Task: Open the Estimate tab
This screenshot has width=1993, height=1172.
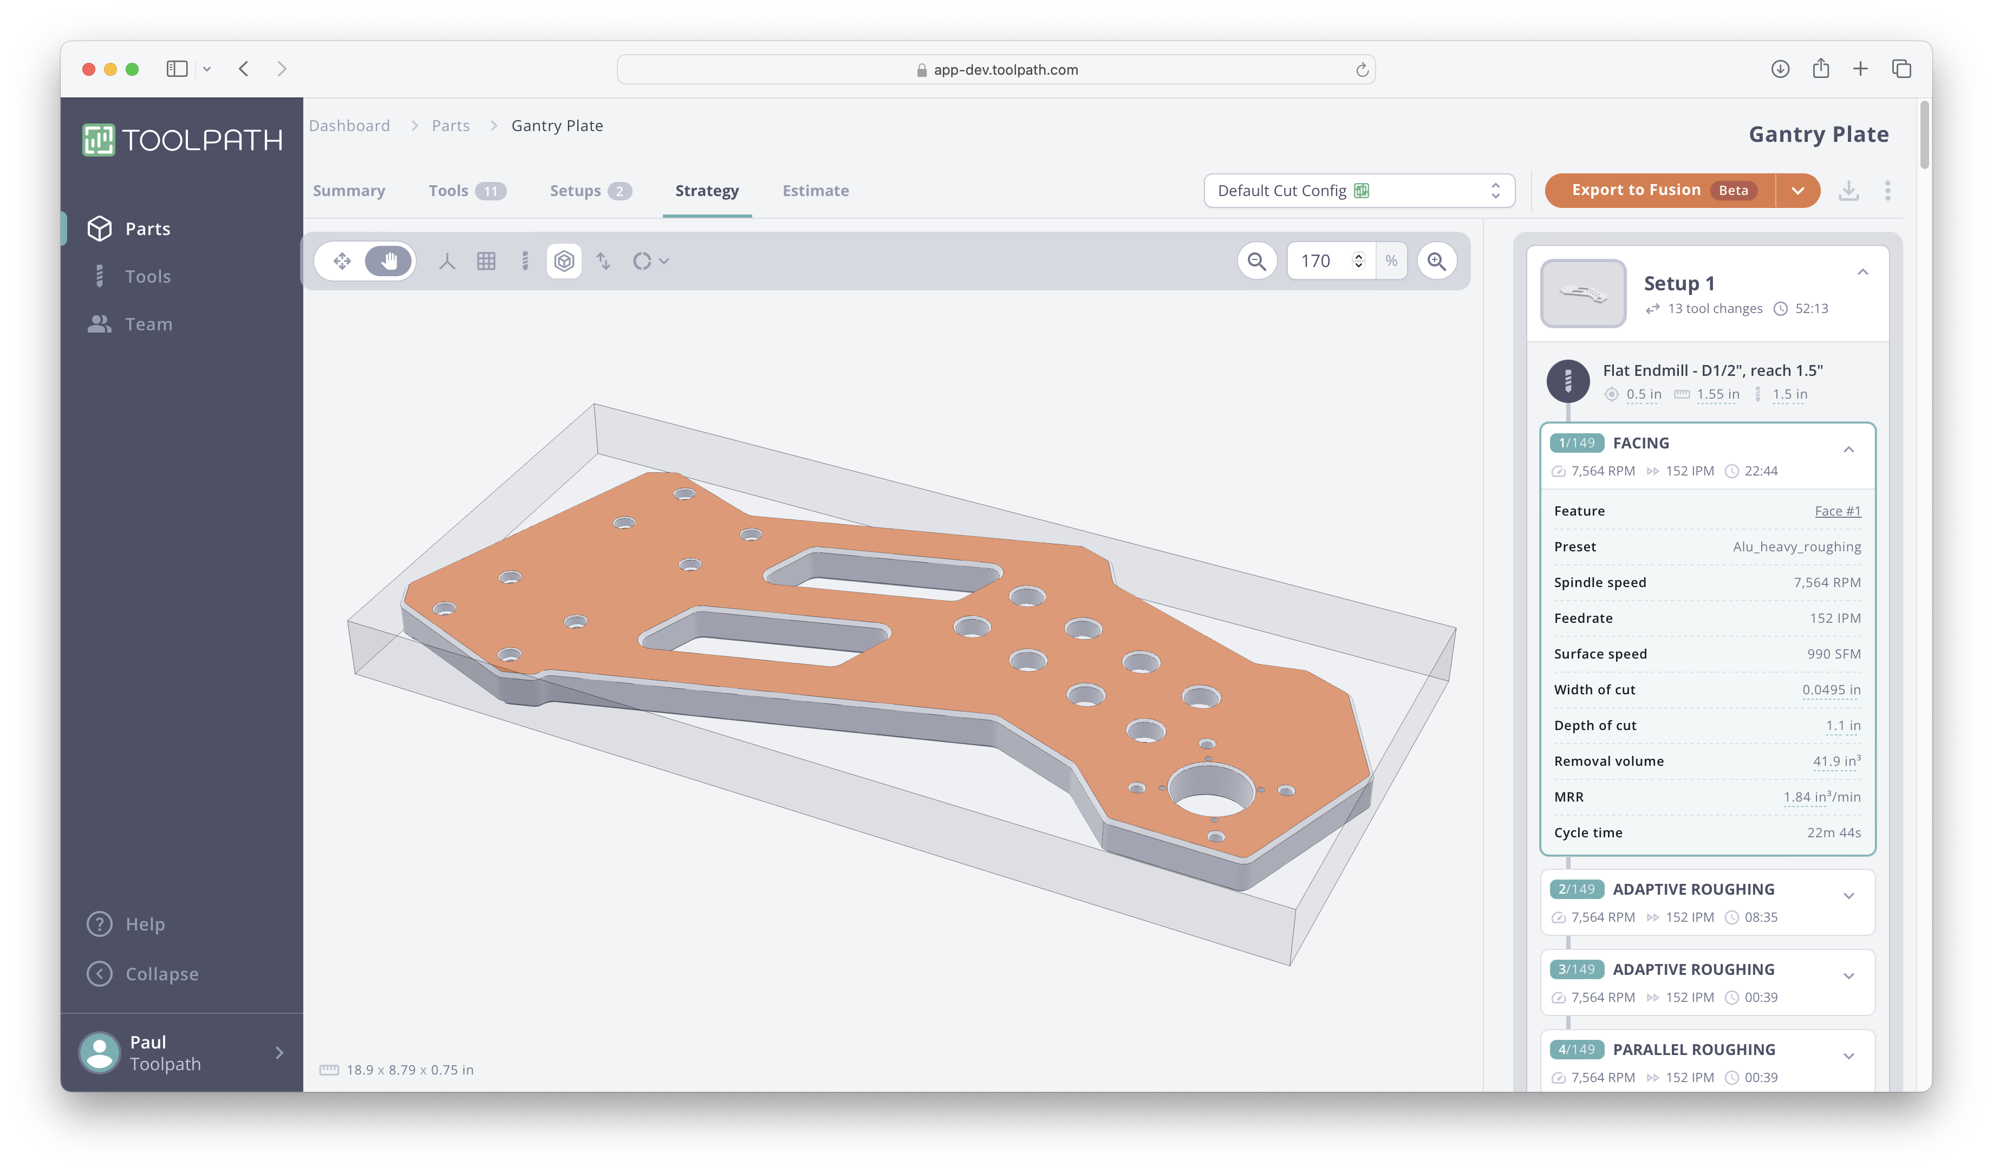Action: pyautogui.click(x=816, y=191)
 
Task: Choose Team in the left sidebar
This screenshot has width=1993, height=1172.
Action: pyautogui.click(x=148, y=324)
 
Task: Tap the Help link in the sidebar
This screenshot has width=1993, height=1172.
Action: pyautogui.click(x=145, y=924)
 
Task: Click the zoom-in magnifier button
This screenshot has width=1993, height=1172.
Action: pyautogui.click(x=1436, y=261)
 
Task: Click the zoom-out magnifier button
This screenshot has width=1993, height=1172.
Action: pyautogui.click(x=1256, y=261)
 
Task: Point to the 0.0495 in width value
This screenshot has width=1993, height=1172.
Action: pyautogui.click(x=1830, y=689)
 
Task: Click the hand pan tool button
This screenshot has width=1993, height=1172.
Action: pyautogui.click(x=388, y=261)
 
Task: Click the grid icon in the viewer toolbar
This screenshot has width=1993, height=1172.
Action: pyautogui.click(x=486, y=261)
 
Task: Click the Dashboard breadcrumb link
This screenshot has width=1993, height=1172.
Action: pyautogui.click(x=349, y=126)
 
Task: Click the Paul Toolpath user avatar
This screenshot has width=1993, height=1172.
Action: pyautogui.click(x=100, y=1053)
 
